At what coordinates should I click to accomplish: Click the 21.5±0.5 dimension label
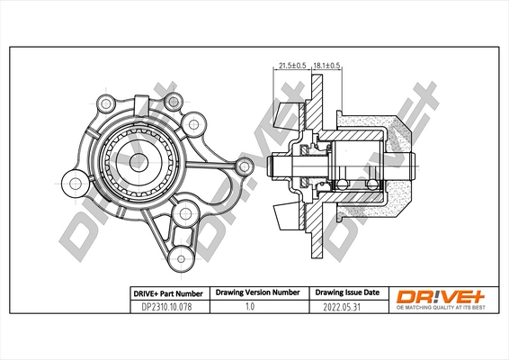pos(292,65)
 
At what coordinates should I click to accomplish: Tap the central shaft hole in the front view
pos(138,162)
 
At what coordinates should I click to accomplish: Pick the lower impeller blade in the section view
pos(287,215)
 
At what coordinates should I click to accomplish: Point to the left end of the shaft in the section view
pos(272,166)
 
